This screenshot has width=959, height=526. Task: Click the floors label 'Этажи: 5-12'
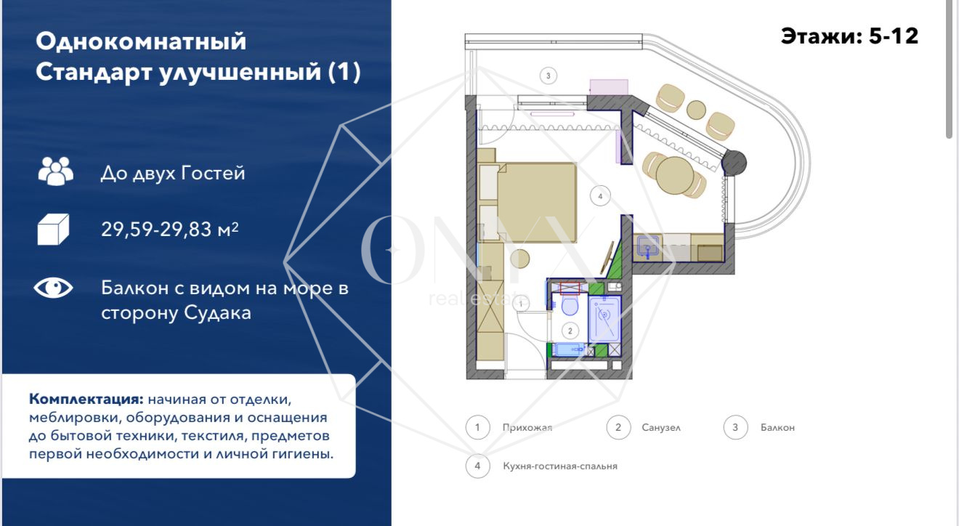(849, 36)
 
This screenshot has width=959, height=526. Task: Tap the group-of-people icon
(56, 171)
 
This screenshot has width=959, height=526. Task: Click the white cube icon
(53, 230)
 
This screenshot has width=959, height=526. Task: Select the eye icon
(54, 288)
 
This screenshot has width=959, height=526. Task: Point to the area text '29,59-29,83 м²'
(169, 230)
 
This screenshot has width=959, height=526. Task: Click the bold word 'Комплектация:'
(86, 400)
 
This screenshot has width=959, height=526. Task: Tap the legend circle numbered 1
(478, 427)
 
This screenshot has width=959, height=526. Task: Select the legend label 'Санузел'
(661, 428)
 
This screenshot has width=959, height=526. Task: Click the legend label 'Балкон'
(777, 428)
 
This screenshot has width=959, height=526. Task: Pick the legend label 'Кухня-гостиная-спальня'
(560, 466)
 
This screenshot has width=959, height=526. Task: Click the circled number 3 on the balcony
(548, 76)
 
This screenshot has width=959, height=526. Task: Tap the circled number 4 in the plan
(600, 196)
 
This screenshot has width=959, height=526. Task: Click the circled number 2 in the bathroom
(570, 331)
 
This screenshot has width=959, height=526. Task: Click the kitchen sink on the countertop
(647, 247)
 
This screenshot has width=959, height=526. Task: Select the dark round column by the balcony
(735, 163)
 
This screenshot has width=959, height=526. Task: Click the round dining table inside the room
(675, 175)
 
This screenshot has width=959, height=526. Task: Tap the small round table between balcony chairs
(696, 110)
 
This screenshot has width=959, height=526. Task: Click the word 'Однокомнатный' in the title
(141, 42)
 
